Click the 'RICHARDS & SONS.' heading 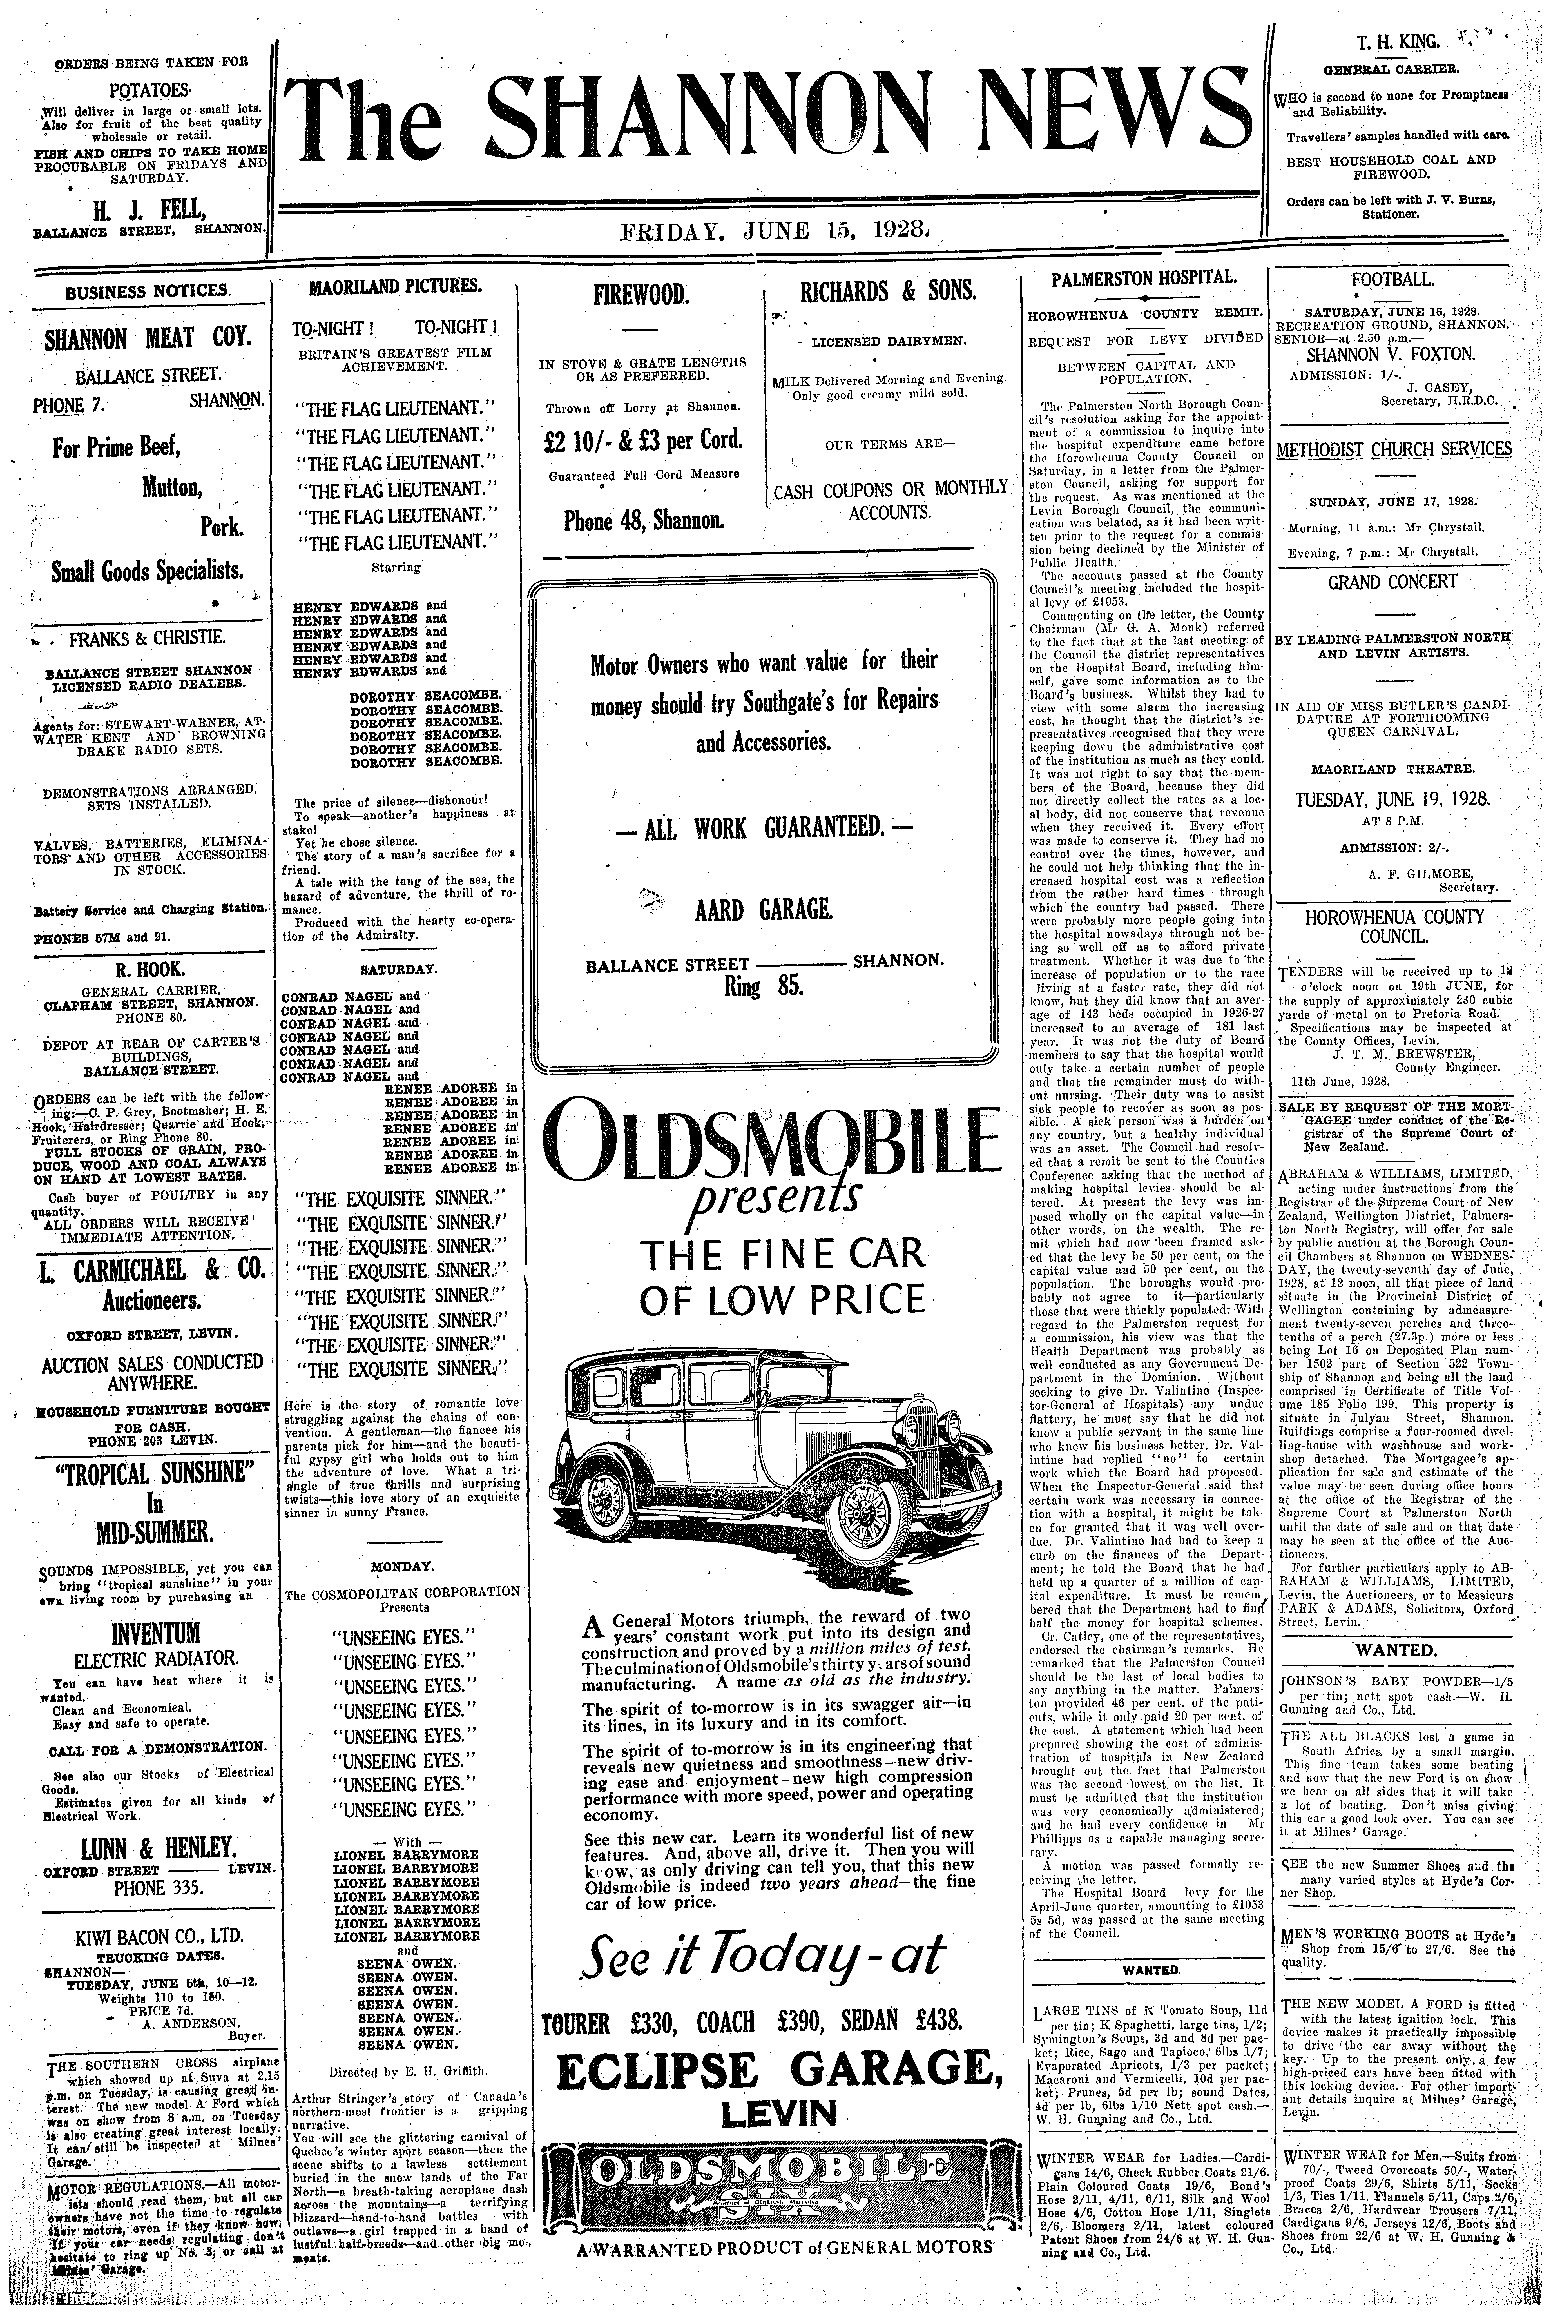(x=888, y=291)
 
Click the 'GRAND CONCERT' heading (x=1393, y=582)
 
